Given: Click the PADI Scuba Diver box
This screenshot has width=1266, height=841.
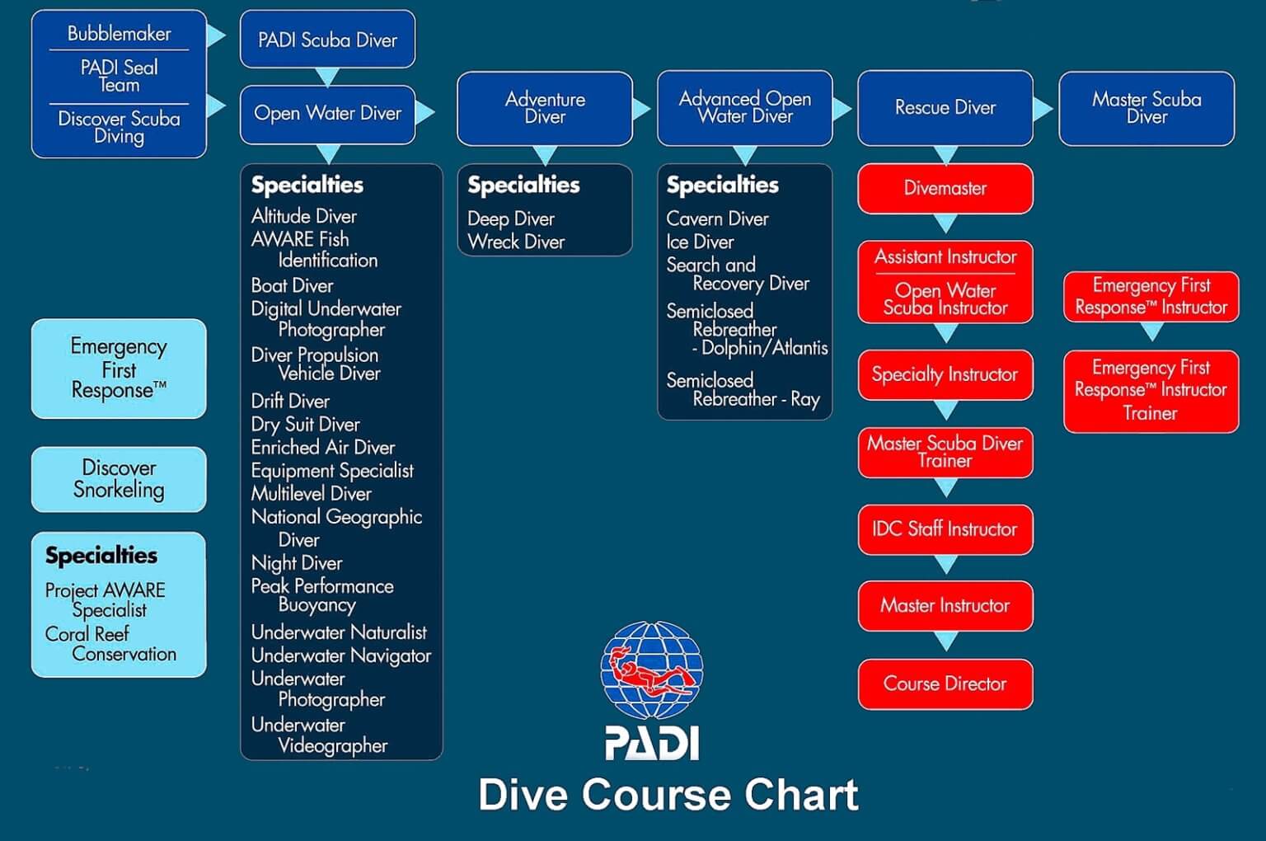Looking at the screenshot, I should point(327,40).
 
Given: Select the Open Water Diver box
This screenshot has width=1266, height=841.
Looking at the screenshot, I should point(327,114).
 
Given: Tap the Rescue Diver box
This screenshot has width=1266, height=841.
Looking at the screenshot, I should point(945,108).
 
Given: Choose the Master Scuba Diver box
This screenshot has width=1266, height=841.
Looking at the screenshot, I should point(1146,108).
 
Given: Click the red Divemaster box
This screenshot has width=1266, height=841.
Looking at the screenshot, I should point(945,189).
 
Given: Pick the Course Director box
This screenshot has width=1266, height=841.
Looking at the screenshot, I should point(945,684).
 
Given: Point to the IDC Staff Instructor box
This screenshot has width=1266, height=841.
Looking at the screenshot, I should point(945,529).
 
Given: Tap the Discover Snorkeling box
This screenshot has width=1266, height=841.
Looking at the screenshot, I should point(119,479).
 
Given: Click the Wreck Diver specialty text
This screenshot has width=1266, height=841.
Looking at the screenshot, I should point(516,242).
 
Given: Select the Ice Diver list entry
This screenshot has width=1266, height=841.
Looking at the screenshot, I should point(700,242).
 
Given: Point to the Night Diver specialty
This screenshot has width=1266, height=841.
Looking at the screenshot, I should point(297,563).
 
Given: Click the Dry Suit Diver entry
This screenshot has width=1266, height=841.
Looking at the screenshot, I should point(305,425).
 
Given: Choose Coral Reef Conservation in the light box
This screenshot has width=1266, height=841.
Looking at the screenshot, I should point(110,644).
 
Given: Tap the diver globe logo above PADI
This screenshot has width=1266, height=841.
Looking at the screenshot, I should point(651,670).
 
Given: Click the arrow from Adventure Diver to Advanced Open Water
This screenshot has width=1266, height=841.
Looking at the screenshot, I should point(640,108).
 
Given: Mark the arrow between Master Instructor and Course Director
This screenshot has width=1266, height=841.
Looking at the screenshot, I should point(945,641).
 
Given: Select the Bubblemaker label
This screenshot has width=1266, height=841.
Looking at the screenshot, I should point(119,34).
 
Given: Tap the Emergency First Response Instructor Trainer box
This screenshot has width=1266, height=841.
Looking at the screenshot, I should point(1151,391).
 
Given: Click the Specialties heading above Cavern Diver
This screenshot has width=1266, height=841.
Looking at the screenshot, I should point(722,185).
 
